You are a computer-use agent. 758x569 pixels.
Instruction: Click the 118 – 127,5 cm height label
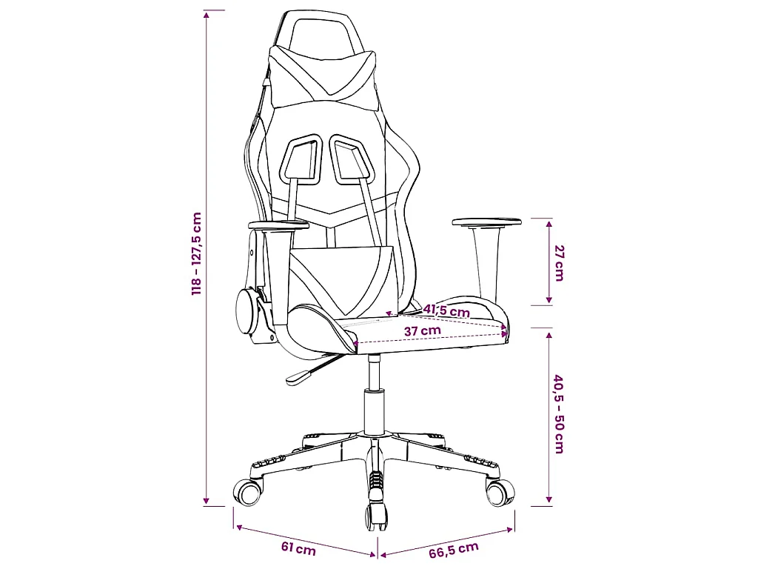(x=196, y=254)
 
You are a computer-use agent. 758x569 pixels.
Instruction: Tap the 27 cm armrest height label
(x=559, y=263)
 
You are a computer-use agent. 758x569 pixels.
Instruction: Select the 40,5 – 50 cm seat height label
(x=559, y=413)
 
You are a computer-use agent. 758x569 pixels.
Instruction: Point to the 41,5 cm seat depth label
(x=446, y=310)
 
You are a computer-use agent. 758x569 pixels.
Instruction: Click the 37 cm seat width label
(x=423, y=331)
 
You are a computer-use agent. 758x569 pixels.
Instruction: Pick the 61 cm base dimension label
(x=298, y=549)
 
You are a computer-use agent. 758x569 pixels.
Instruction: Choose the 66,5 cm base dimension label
(x=454, y=550)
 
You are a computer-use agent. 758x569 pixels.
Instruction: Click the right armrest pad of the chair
(x=487, y=222)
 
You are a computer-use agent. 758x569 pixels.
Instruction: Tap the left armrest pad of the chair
(x=278, y=225)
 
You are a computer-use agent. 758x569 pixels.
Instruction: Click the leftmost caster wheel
(x=249, y=493)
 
